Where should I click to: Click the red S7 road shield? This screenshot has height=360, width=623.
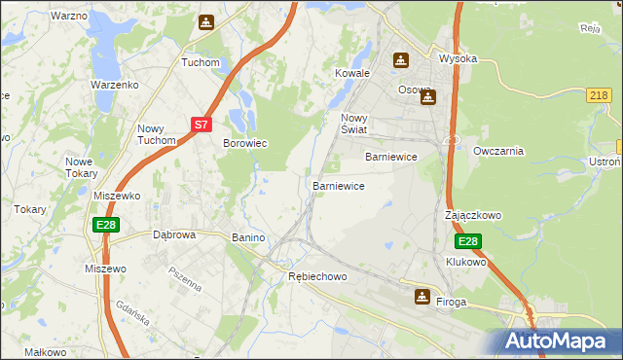(x=201, y=125)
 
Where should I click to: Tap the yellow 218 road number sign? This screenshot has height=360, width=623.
(x=600, y=94)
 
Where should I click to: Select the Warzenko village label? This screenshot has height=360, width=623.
(x=116, y=85)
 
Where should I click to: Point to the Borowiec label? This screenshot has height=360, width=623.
(x=245, y=143)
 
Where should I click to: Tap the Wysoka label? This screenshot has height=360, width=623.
(x=458, y=58)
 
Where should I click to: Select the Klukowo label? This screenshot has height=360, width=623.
(x=465, y=262)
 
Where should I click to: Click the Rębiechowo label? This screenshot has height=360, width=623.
(x=317, y=277)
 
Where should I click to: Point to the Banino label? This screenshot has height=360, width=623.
(x=248, y=237)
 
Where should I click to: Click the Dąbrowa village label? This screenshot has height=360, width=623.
(x=175, y=234)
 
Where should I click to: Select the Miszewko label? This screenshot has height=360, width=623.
(x=118, y=196)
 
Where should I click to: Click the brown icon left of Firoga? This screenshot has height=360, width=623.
(x=421, y=296)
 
